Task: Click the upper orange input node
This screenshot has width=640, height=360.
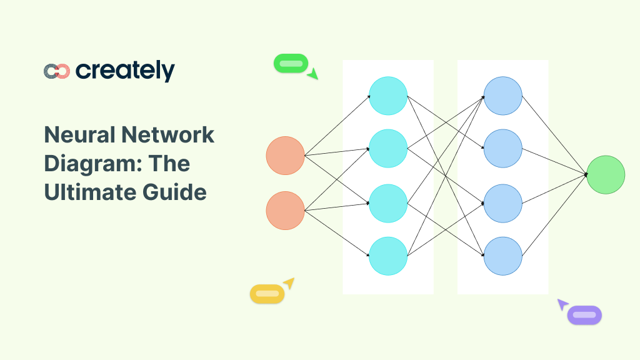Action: (285, 156)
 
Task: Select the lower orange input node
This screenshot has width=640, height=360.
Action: (285, 211)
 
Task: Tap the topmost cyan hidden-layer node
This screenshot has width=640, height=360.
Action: (388, 96)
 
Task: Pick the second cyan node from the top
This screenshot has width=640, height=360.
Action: (388, 149)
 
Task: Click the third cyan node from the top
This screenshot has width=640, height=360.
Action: (388, 203)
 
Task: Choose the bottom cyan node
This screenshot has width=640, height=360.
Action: (388, 256)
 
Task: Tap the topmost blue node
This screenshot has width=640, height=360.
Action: (503, 96)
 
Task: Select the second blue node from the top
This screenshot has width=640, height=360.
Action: (503, 149)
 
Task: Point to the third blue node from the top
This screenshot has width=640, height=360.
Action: (503, 203)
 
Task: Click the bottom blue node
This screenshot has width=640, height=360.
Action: (503, 256)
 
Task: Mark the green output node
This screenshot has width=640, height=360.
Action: (606, 174)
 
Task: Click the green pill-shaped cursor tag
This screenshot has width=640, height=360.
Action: (291, 63)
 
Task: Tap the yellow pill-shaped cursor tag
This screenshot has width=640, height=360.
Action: (267, 294)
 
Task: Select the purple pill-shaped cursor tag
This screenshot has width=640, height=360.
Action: (584, 315)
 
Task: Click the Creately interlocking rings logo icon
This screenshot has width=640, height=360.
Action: (56, 71)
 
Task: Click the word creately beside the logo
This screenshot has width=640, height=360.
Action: (125, 71)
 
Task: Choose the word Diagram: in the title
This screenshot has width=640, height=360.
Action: (95, 164)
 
